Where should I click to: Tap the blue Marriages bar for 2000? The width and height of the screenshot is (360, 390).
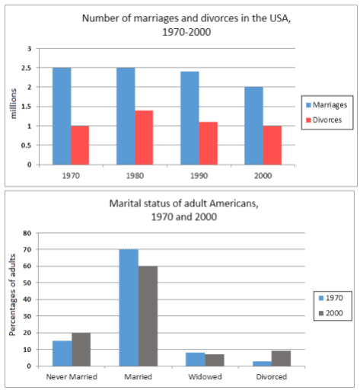click(x=253, y=126)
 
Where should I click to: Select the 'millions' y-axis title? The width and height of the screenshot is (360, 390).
click(x=13, y=107)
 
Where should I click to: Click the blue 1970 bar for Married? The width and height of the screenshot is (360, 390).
click(x=129, y=308)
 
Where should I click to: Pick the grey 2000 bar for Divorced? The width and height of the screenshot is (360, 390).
click(x=281, y=358)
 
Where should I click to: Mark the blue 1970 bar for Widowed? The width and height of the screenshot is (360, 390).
click(x=196, y=360)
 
